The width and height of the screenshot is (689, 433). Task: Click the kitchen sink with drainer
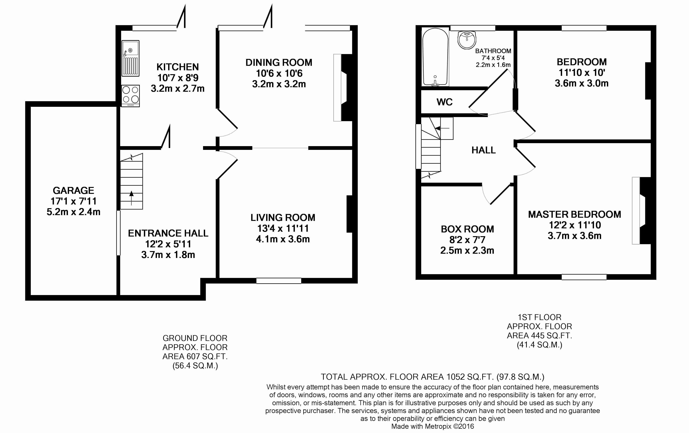(x=130, y=58)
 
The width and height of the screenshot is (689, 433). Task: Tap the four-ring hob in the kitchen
(x=130, y=95)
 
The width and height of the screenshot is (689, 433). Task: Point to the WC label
(x=444, y=102)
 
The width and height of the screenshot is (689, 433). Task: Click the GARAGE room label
(x=73, y=190)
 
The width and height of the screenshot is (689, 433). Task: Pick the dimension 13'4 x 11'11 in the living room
(x=283, y=228)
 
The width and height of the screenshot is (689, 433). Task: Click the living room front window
(x=278, y=281)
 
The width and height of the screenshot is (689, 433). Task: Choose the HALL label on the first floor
(x=483, y=150)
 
